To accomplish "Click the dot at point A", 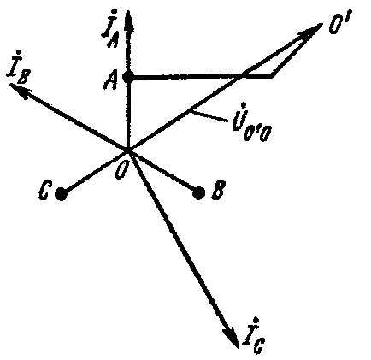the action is click(128, 76).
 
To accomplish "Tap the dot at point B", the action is click(198, 193).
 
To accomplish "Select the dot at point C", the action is click(61, 194).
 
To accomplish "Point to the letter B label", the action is click(219, 189).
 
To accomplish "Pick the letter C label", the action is click(44, 191).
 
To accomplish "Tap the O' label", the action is click(340, 21).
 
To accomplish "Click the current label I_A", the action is click(110, 28).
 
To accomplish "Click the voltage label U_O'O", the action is click(251, 122).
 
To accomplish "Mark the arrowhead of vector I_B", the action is click(20, 90).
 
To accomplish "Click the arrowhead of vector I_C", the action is click(232, 337).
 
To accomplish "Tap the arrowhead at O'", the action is click(310, 31).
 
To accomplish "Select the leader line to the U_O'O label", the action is click(209, 116).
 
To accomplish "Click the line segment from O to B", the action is click(163, 172).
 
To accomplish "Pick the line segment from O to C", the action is click(95, 172).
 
